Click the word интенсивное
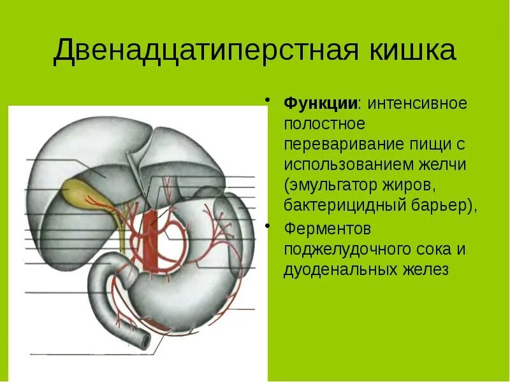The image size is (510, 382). click(417, 103)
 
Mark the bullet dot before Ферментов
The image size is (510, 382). click(270, 225)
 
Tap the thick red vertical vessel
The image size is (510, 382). click(150, 239)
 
